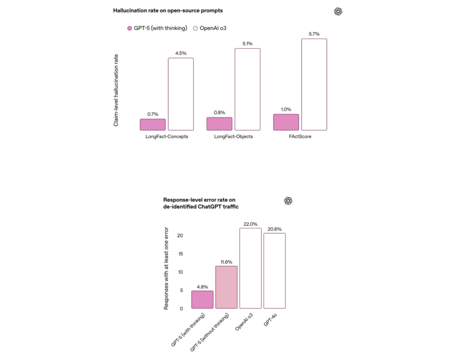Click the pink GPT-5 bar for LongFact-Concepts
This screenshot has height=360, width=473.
[x=152, y=124]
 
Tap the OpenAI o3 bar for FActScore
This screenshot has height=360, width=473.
[x=314, y=84]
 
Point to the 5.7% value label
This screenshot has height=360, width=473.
[x=314, y=34]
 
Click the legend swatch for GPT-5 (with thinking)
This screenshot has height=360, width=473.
[x=130, y=28]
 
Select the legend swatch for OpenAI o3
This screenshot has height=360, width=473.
[x=195, y=28]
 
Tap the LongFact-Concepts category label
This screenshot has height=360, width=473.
[x=166, y=137]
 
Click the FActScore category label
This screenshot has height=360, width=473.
[x=300, y=137]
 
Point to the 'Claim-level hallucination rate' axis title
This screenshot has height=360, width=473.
[x=116, y=90]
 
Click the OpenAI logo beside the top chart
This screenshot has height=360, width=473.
[x=338, y=12]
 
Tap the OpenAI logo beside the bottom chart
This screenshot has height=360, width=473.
[x=288, y=201]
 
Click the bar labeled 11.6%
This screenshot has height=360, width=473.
[x=226, y=287]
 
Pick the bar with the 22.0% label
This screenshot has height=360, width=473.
[x=250, y=268]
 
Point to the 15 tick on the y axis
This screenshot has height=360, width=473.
[x=180, y=254]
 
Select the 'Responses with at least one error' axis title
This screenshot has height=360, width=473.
[x=167, y=268]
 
